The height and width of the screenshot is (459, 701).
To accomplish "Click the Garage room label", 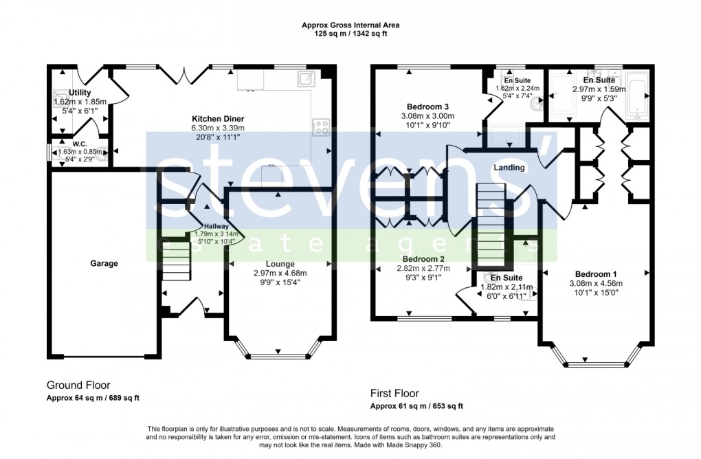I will pos(104,263).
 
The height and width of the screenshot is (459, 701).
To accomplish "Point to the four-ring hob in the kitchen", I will pos(321,126).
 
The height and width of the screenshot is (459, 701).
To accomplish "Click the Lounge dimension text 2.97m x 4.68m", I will pos(280,273).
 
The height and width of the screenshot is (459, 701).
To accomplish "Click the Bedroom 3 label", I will pos(427,107).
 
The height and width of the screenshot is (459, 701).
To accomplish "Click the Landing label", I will pos(509,168).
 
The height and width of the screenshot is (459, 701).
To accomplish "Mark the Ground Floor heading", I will pos(78,385).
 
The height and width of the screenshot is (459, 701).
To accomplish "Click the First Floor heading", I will pos(394,394).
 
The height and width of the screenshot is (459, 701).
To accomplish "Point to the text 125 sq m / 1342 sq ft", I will pos(350,34).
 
